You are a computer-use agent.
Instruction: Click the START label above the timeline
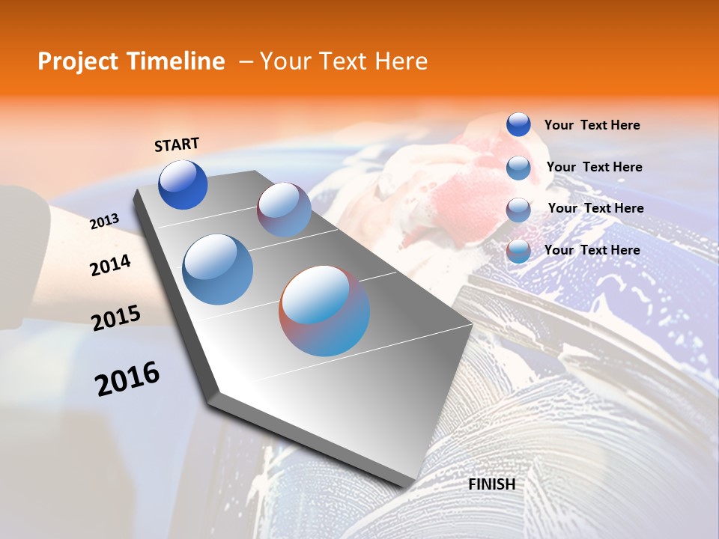click(177, 144)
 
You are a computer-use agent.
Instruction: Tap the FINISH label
click(491, 484)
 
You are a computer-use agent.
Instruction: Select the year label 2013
click(104, 221)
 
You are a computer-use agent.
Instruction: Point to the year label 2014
click(110, 266)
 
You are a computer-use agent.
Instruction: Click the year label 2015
click(115, 317)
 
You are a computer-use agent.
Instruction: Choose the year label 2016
click(127, 378)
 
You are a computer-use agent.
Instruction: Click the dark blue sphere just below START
click(183, 185)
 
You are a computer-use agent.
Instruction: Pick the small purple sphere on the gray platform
click(284, 210)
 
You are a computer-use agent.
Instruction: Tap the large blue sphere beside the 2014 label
click(217, 269)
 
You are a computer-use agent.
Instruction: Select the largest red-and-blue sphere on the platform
click(324, 311)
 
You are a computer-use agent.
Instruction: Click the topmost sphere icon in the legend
click(518, 124)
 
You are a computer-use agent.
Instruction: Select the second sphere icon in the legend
click(518, 168)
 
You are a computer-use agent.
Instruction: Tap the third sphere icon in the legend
click(518, 210)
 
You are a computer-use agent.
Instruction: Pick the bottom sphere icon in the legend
click(518, 251)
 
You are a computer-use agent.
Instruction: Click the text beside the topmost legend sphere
click(592, 125)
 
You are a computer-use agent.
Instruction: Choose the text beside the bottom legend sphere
click(592, 250)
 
